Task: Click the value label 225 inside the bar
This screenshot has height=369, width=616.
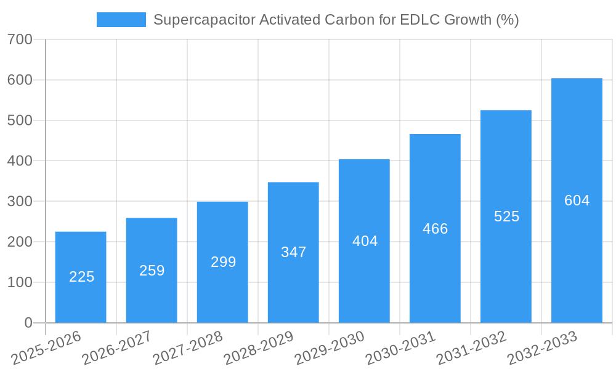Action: [x=81, y=277]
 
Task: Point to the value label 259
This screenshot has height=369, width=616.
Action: [x=152, y=271]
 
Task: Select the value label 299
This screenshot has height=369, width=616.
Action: [x=223, y=262]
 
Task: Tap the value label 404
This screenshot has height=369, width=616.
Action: [x=365, y=241]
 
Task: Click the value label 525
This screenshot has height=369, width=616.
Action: [x=506, y=216]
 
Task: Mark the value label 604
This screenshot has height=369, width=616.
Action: [x=577, y=200]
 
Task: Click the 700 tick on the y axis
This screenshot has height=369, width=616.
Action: [x=20, y=40]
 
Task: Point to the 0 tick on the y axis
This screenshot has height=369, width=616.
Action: [x=28, y=323]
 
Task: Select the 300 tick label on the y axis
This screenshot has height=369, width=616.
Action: [x=20, y=202]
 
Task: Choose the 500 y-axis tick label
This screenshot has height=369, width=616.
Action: [x=20, y=121]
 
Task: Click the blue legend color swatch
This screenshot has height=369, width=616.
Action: [x=121, y=20]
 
